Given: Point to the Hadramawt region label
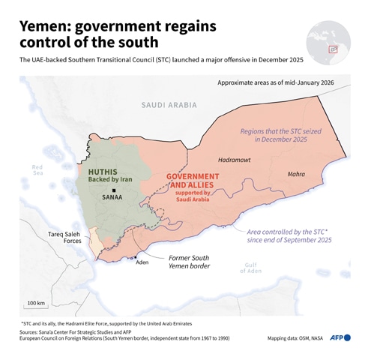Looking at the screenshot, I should [235, 160].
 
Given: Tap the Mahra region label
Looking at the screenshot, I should [296, 174].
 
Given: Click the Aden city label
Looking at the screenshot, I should [142, 262].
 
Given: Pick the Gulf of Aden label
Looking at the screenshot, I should [252, 268].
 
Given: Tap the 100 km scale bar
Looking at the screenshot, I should [35, 308].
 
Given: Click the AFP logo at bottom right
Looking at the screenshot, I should [340, 338].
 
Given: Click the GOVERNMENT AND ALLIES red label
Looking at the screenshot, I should [196, 181].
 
